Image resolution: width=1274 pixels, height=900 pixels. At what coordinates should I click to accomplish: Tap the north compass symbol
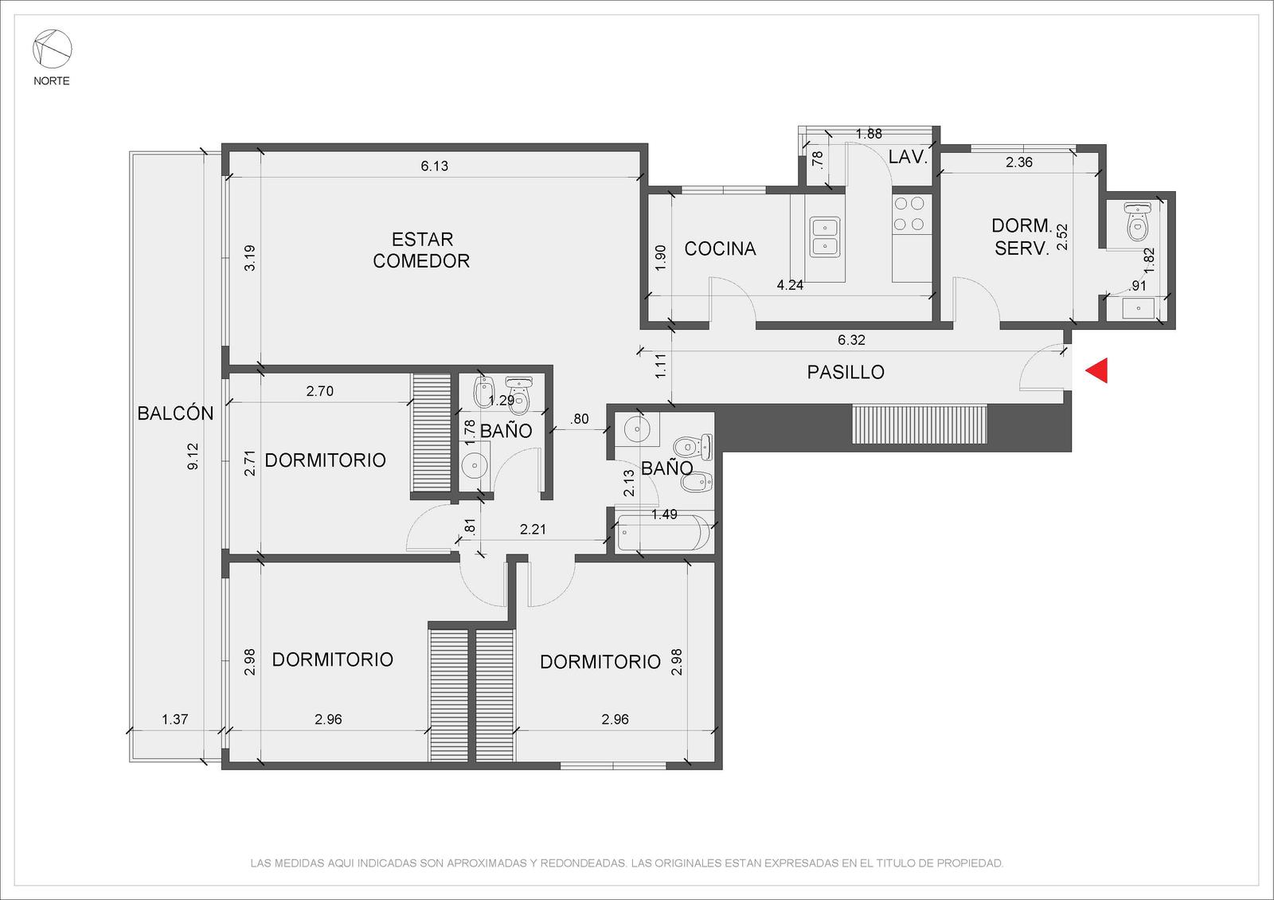click(x=52, y=49)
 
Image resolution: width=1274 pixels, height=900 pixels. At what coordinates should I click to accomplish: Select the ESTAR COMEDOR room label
click(x=421, y=250)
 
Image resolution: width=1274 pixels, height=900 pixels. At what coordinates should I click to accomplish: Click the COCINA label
click(x=720, y=248)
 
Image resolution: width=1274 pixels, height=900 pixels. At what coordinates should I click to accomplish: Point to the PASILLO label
click(x=846, y=372)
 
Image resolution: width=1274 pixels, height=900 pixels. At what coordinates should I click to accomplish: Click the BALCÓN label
click(x=176, y=413)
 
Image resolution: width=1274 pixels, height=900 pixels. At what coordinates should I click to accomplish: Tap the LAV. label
click(x=908, y=157)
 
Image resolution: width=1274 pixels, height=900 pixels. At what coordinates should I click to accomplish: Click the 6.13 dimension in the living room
click(x=435, y=166)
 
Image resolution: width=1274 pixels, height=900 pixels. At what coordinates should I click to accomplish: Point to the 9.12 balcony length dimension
click(x=193, y=456)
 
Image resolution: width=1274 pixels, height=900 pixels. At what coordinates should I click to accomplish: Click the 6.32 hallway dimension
click(x=851, y=340)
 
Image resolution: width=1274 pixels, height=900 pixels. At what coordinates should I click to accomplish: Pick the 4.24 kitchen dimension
click(x=790, y=286)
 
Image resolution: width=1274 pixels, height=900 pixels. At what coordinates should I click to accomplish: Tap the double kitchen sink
click(x=825, y=237)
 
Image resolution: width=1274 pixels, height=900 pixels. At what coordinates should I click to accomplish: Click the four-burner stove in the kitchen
click(x=909, y=214)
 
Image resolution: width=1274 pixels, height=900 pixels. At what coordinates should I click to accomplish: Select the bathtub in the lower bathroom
click(x=663, y=533)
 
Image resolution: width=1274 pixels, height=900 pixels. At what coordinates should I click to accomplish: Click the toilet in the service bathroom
click(x=1137, y=221)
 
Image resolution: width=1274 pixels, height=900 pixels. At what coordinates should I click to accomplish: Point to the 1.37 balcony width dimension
click(x=174, y=720)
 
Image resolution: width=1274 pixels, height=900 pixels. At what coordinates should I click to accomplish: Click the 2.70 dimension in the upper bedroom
click(x=319, y=391)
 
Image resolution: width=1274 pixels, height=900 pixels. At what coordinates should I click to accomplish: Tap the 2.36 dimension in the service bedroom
click(x=1019, y=162)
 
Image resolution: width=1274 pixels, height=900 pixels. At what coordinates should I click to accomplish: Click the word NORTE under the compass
click(x=52, y=81)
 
